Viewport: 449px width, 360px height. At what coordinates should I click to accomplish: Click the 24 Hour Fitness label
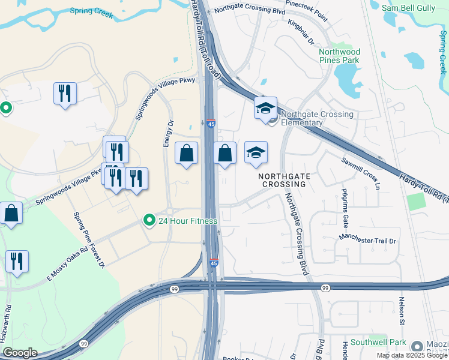[x=187, y=221]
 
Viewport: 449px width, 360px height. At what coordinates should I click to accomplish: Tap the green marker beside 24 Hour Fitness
[x=149, y=221]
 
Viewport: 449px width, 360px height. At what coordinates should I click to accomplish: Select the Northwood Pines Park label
[x=339, y=56]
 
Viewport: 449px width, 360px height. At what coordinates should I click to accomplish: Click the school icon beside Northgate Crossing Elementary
[x=265, y=109]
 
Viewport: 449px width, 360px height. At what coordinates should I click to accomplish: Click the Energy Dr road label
[x=169, y=133]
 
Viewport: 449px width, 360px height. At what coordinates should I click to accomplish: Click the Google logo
[x=20, y=353]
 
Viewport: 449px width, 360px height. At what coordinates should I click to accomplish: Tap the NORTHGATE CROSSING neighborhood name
[x=282, y=180]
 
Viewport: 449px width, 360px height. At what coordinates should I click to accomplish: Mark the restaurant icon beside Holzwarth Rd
[x=16, y=262]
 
